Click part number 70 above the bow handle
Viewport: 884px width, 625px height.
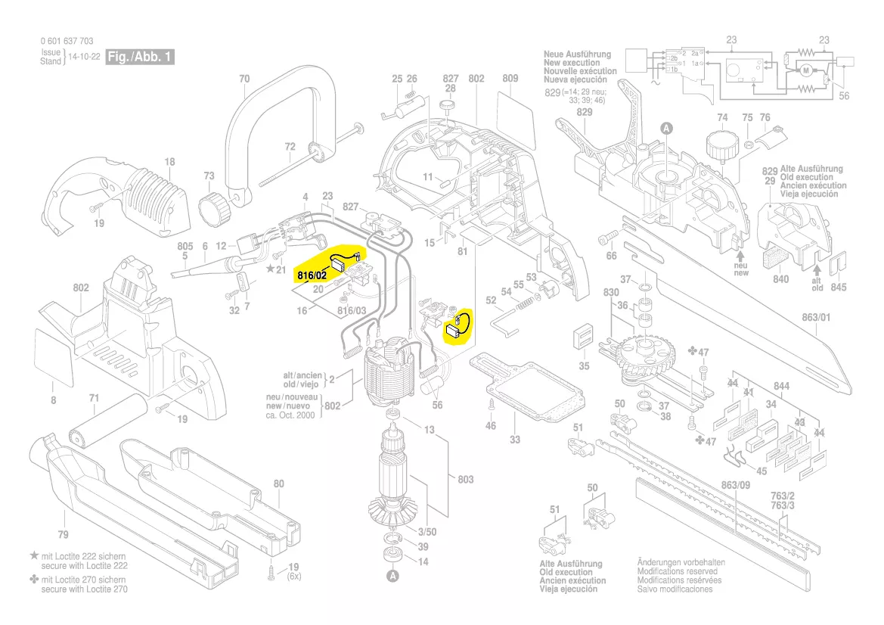click(243, 78)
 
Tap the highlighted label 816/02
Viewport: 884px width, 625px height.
click(312, 275)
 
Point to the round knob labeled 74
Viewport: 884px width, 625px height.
click(721, 143)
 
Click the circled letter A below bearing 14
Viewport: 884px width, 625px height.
click(392, 577)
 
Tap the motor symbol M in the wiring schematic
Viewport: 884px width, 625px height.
click(805, 70)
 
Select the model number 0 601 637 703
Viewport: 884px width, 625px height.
click(67, 42)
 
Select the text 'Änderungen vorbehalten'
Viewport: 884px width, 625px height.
click(680, 562)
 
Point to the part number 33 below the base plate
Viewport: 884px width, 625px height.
click(514, 440)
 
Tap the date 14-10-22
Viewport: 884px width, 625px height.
click(84, 57)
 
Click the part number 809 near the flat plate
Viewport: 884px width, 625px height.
click(510, 78)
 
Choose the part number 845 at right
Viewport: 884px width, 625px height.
click(839, 287)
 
